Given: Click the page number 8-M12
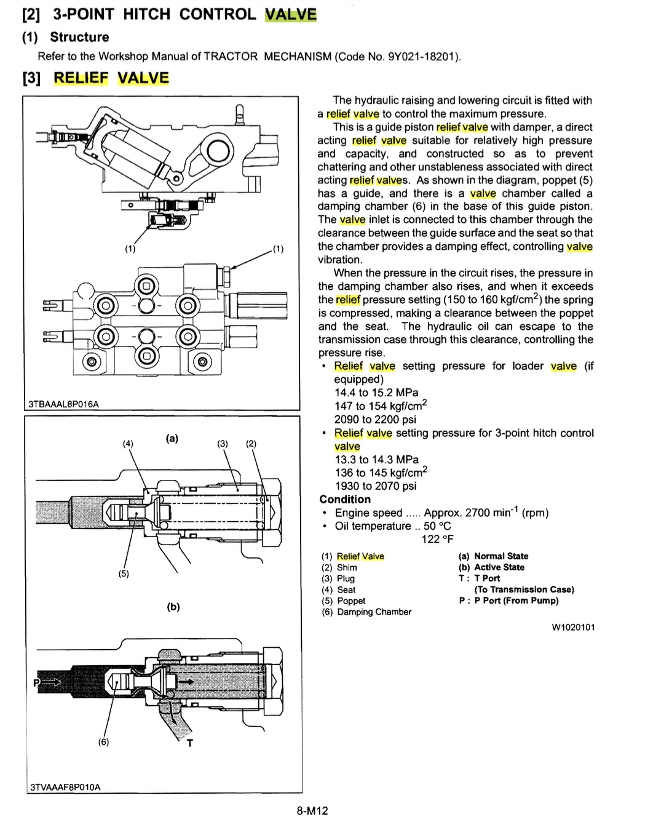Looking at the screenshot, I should pos(312,810).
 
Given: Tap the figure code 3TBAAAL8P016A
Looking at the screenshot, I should pos(63,404).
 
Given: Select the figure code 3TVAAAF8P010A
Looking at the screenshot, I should pos(65,786).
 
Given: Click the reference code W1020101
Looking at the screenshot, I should pos(573,628).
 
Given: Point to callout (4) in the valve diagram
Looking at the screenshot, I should pos(128,444).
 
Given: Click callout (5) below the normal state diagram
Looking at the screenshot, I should pos(124,574).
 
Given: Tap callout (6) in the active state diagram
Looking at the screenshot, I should pos(103,742).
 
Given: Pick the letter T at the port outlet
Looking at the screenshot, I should pos(189,743).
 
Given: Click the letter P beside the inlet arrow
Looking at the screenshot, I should pos(36,682).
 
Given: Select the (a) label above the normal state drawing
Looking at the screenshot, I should pos(172,438).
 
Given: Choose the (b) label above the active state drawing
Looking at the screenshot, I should pos(173,607).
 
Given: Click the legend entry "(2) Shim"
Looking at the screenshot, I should pos(339,567).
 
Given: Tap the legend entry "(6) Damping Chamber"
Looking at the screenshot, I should pos(366,612).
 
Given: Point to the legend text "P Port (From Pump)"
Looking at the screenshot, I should pos(516,601).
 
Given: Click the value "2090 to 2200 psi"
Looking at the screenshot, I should pos(375,420).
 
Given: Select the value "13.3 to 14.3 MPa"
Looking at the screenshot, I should pos(376,460).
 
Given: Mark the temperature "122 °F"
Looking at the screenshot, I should pos(437,540).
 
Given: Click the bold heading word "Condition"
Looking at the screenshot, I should pos(345,500).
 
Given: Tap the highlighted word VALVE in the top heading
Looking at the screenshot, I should pos(290,14).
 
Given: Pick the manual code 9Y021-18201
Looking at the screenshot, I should pos(423,57).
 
